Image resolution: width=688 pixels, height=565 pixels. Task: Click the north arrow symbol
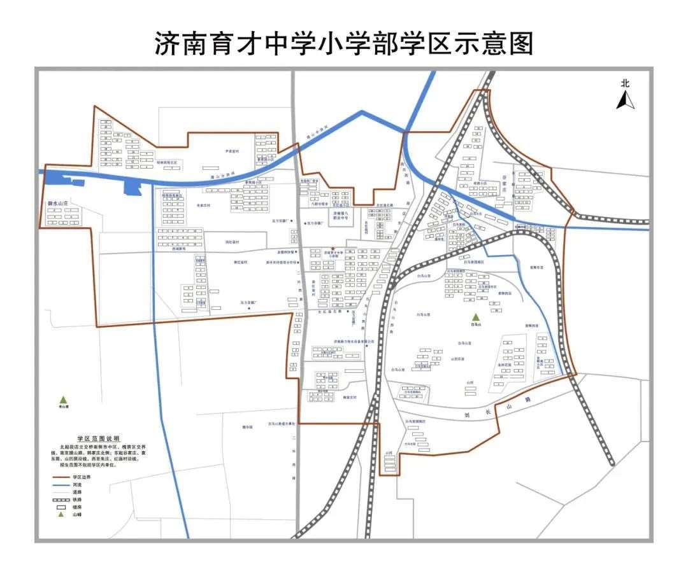coord(625,100)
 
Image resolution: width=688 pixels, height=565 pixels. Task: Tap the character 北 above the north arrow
coord(625,83)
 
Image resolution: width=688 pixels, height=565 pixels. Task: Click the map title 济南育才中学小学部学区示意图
coord(344,43)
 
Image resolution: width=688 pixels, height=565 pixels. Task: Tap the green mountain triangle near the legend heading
coord(63,400)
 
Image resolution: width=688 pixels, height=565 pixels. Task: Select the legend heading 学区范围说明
coord(98,439)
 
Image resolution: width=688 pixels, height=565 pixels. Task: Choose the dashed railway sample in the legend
coord(61,499)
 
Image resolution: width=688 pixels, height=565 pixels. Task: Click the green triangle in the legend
coord(62,514)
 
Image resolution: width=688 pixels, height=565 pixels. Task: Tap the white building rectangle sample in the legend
coord(61,507)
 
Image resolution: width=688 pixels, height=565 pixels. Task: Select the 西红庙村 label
coord(232,242)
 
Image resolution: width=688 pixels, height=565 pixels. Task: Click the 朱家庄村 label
coord(204,206)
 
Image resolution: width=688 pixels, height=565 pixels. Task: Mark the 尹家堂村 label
coord(231,151)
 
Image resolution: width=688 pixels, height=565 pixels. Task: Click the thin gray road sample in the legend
coord(61,492)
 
